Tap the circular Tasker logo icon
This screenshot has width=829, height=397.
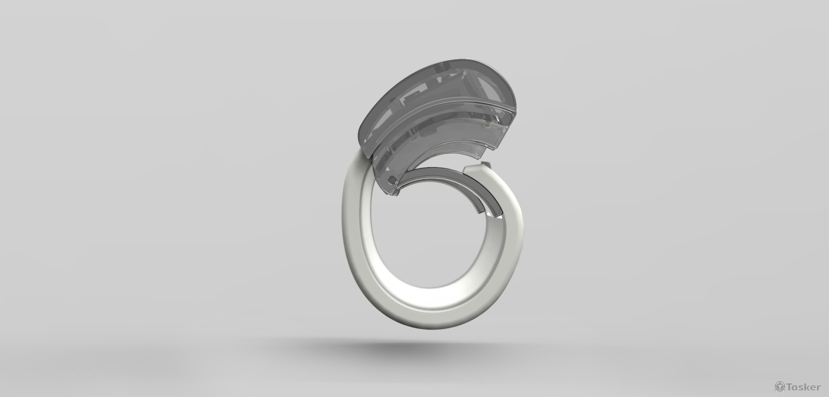pos(778,387)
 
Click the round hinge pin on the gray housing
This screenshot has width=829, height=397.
pos(391,180)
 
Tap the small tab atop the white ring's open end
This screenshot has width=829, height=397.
pos(486,164)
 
